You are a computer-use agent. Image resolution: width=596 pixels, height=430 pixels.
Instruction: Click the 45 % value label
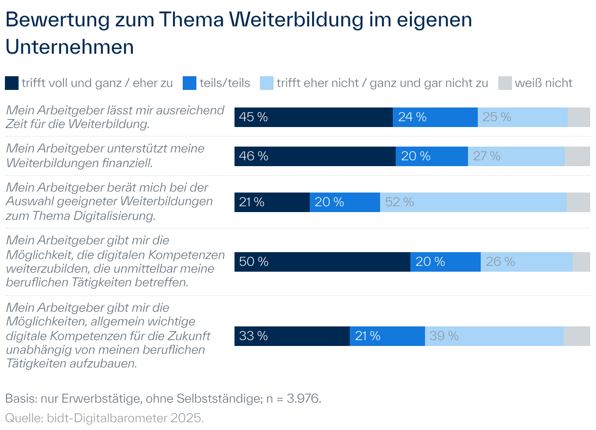click(254, 117)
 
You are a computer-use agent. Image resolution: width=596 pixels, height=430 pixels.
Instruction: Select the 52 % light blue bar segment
click(473, 202)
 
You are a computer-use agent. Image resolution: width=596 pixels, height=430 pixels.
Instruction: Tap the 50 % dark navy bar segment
click(322, 262)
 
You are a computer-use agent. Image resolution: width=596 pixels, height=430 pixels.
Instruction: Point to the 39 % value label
click(444, 336)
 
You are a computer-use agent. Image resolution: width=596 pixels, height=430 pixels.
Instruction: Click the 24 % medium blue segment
click(435, 117)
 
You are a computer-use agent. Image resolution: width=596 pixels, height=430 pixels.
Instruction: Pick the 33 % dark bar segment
click(292, 336)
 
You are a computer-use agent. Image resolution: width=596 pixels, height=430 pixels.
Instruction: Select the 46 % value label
click(254, 156)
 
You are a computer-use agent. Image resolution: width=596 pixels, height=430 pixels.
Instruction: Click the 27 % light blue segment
click(516, 156)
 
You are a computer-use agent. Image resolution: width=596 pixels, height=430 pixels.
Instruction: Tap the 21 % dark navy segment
click(272, 202)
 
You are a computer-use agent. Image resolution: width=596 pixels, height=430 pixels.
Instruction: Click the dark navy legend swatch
click(12, 83)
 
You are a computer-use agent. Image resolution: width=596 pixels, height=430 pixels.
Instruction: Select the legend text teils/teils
click(225, 83)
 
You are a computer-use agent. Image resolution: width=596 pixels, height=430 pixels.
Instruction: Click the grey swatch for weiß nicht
click(505, 83)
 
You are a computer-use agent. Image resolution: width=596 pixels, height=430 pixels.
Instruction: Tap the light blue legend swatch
click(266, 83)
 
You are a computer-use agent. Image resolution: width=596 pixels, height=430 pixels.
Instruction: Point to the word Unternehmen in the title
click(69, 47)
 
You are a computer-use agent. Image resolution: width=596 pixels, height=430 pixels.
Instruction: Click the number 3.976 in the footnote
click(303, 399)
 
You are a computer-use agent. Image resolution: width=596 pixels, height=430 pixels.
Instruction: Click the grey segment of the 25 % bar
click(578, 117)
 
